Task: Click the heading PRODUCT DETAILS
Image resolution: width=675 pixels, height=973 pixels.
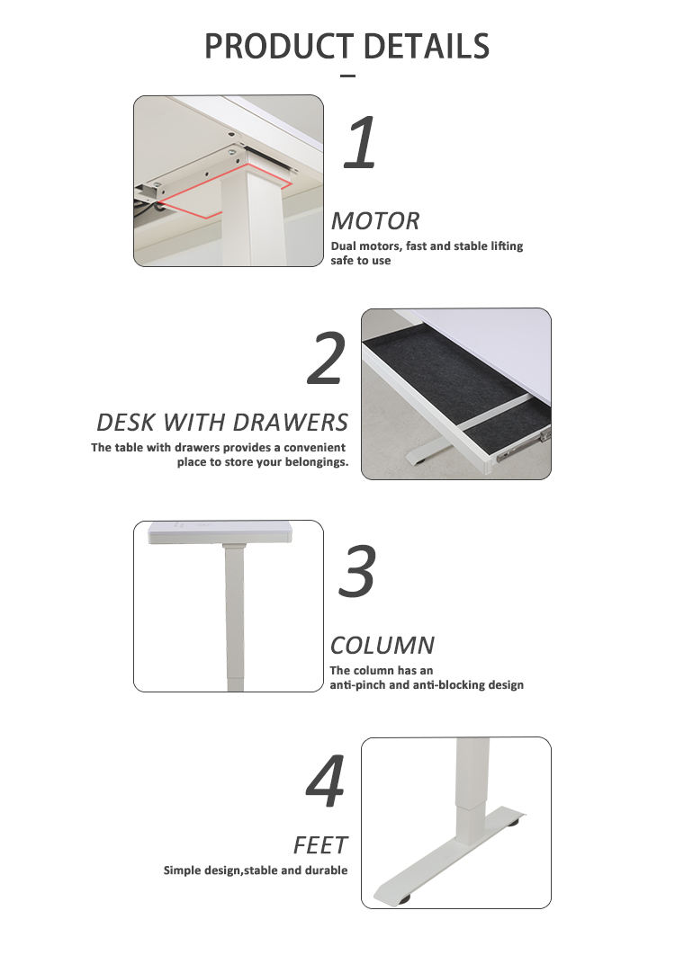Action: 346,46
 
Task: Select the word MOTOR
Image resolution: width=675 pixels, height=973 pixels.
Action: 375,221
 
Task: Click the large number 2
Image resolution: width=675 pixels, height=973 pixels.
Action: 327,358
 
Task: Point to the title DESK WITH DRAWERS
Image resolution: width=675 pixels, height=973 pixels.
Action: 222,422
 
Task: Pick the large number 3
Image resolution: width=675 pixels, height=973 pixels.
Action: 357,571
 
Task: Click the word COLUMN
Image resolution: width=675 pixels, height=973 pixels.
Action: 382,646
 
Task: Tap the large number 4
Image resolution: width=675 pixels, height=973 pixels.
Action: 326,781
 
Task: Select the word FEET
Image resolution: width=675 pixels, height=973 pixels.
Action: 320,845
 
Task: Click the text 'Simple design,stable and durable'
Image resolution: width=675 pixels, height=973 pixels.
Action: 256,870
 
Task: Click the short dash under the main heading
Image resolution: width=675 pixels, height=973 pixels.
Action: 348,76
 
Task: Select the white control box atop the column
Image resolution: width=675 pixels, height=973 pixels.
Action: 220,532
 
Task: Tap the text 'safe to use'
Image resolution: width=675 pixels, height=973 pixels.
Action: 361,261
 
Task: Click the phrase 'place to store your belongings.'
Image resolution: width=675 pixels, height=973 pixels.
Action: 263,461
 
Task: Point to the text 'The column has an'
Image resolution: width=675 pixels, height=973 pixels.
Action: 382,670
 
